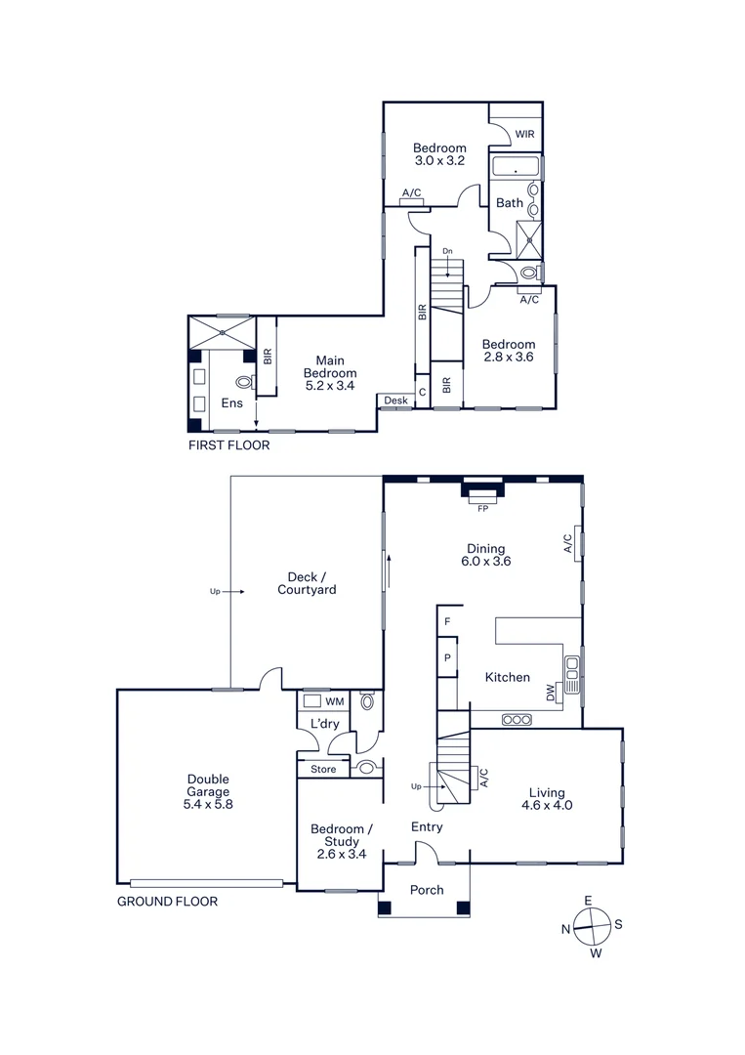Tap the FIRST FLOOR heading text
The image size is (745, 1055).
click(x=228, y=444)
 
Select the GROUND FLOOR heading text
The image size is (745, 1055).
click(x=167, y=902)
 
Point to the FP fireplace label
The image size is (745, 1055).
click(x=481, y=509)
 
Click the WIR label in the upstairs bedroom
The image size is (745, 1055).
click(x=512, y=134)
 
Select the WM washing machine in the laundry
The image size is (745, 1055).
click(x=335, y=701)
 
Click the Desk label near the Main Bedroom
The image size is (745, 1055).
click(x=395, y=401)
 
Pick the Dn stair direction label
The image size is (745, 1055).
click(x=448, y=252)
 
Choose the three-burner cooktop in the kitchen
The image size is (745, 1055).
click(x=516, y=720)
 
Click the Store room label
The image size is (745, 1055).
click(x=323, y=770)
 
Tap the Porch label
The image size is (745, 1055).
click(x=427, y=889)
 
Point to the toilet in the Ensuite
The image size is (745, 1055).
click(x=244, y=384)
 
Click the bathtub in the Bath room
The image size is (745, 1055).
click(x=515, y=168)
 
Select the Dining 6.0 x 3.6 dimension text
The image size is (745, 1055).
click(x=486, y=562)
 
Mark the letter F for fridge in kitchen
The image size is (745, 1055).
click(x=447, y=621)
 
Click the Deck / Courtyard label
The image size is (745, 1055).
click(x=307, y=583)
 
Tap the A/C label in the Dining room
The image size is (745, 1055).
click(x=567, y=542)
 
